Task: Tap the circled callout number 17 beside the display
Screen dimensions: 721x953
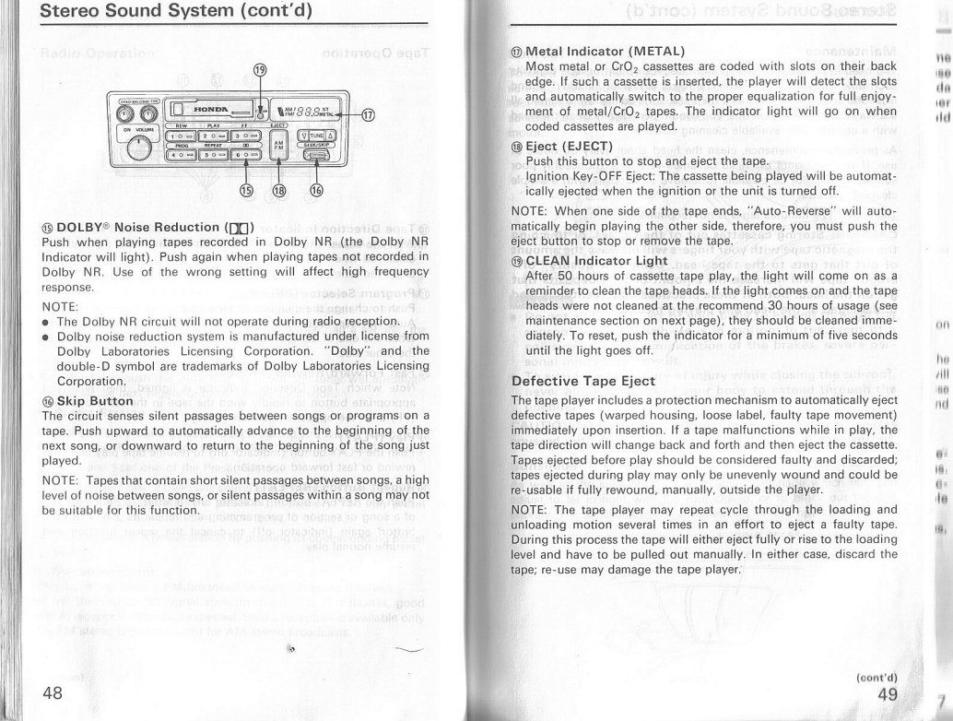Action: (x=369, y=116)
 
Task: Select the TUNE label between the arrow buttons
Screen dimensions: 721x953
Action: (x=316, y=135)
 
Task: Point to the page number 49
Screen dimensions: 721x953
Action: (x=887, y=694)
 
